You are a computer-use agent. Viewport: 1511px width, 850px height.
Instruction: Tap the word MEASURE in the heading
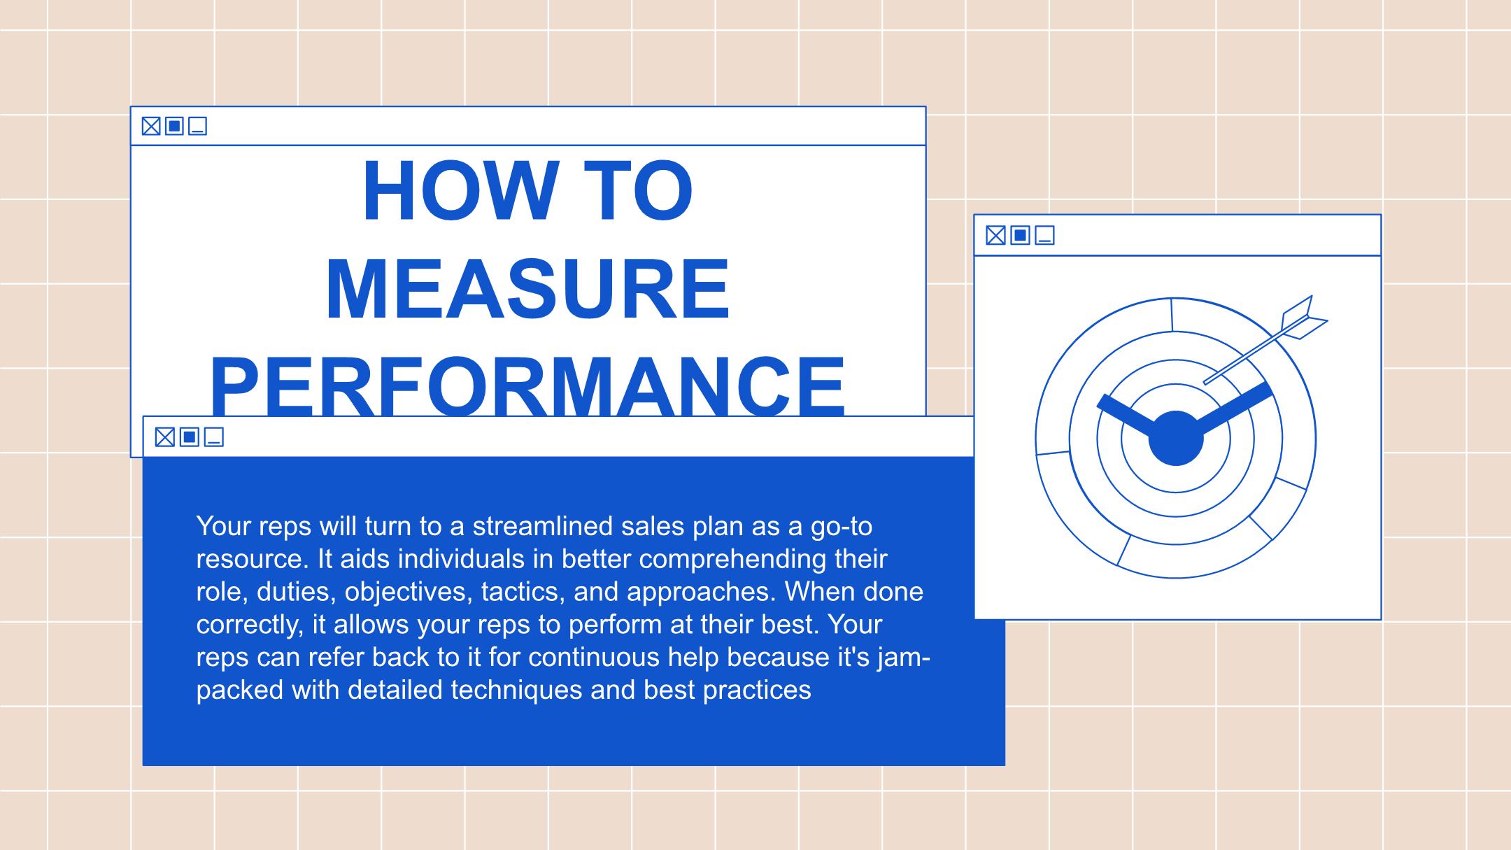(x=528, y=289)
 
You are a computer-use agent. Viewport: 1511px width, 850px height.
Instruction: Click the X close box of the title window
(x=151, y=126)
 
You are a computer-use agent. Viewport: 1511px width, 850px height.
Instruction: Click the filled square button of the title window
(x=174, y=126)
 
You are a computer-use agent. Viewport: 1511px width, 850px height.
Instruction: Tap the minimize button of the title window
(x=198, y=126)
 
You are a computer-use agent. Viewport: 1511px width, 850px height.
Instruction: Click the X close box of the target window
(x=995, y=235)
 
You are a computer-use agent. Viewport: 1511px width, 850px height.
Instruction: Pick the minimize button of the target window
(x=1044, y=235)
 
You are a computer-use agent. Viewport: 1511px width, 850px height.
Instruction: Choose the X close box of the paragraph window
(x=165, y=437)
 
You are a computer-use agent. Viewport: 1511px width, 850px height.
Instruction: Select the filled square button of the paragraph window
(x=189, y=437)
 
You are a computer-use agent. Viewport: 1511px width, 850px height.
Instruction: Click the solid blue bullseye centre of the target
(x=1176, y=438)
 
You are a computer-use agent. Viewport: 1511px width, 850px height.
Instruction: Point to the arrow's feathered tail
(x=1303, y=318)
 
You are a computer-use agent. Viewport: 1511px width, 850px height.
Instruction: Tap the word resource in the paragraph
(x=253, y=559)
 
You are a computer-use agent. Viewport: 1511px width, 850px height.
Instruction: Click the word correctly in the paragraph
(x=250, y=625)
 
